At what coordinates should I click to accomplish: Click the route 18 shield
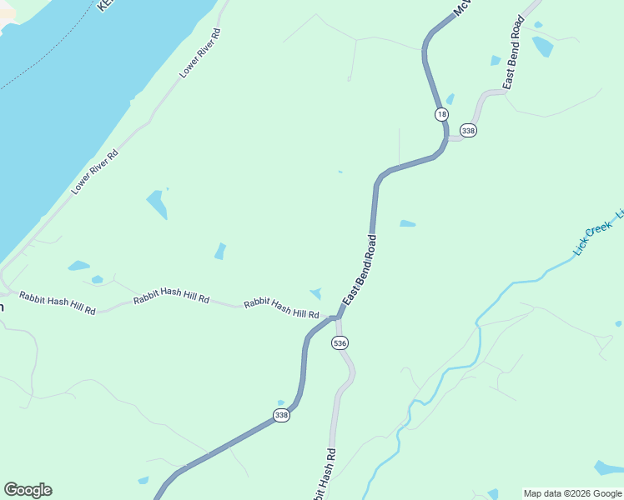coord(440,114)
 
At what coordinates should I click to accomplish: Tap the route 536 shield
coord(340,343)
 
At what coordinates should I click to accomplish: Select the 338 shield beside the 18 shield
coord(468,131)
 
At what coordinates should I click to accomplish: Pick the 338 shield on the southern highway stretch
coord(282,415)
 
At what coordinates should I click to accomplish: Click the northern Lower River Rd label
coord(200,54)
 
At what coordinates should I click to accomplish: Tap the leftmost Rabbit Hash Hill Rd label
coord(58,302)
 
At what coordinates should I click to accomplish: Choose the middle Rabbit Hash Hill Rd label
coord(171,298)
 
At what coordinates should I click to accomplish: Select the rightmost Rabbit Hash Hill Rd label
coord(281,308)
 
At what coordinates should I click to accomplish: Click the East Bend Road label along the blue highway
coord(360,269)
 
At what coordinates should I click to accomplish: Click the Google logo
coord(28,490)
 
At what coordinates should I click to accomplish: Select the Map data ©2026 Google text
coord(572,493)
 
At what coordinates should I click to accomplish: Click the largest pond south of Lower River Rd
coord(157,204)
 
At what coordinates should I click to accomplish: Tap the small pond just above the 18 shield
coord(450,99)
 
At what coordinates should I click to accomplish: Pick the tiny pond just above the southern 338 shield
coord(281,403)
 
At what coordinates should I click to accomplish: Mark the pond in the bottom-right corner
coord(608,468)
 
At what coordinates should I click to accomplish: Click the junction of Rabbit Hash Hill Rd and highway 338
coord(335,317)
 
